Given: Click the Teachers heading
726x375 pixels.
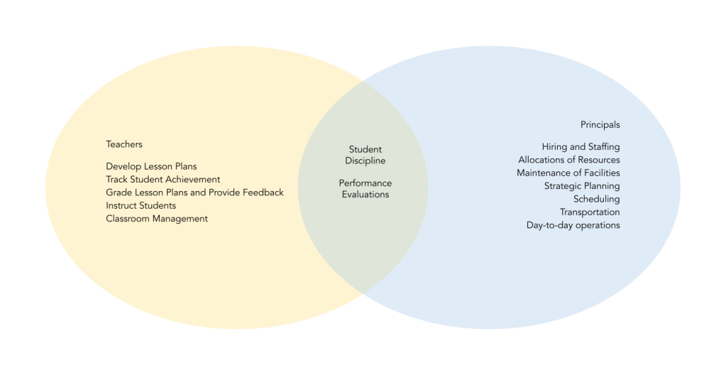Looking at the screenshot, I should (x=124, y=144).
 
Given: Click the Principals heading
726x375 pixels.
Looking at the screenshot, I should (x=600, y=125).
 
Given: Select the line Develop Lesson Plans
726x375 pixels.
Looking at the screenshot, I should (x=151, y=167).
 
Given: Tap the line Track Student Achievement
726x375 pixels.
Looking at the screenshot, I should (x=163, y=180).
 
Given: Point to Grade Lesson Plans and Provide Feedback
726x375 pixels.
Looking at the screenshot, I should (x=194, y=192).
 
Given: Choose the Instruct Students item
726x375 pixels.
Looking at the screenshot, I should (x=141, y=205).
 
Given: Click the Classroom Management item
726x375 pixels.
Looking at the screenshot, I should (x=157, y=219).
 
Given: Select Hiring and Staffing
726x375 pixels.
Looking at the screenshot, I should (x=581, y=147).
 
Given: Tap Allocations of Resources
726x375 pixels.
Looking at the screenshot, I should (x=568, y=160).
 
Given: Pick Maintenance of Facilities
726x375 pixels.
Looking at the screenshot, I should (x=568, y=173).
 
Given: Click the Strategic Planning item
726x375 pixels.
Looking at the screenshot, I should (x=582, y=186).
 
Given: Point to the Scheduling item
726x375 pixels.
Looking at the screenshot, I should (x=596, y=199).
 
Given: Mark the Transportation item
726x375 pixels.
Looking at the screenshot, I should (x=589, y=212).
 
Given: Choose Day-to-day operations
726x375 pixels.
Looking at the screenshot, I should (x=573, y=225).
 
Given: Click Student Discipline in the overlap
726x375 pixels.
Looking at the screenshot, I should (x=365, y=155).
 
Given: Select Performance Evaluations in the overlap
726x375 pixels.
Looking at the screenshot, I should (x=365, y=188).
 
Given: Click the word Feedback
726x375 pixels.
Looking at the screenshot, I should (x=262, y=192).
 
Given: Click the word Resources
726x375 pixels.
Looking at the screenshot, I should (x=598, y=160).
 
